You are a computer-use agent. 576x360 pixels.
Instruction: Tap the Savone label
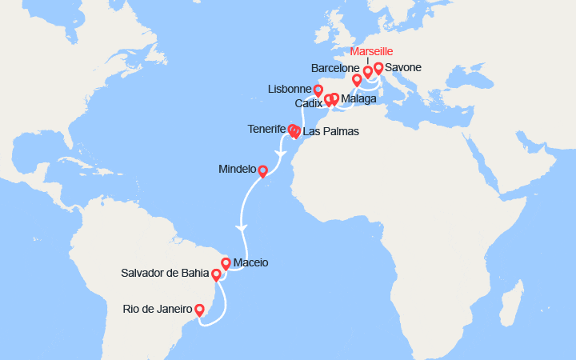tap(403, 68)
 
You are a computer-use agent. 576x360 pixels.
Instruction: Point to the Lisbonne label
tap(290, 90)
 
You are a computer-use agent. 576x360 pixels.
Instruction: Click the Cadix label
tap(309, 104)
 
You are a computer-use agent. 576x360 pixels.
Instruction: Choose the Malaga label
tap(358, 99)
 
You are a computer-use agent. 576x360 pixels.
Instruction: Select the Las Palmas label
tap(330, 131)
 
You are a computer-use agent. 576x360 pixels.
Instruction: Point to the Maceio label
tap(251, 262)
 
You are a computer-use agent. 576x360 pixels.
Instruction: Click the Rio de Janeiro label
tap(158, 308)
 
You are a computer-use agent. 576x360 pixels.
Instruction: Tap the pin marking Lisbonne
tap(318, 90)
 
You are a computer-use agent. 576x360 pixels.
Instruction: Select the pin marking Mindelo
tap(262, 170)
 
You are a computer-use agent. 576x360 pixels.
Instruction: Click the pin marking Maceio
tap(226, 262)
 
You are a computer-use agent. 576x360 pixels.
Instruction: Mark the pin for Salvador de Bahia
tap(216, 274)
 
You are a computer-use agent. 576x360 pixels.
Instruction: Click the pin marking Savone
tap(378, 68)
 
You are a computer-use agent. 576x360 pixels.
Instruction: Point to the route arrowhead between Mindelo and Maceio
tap(242, 228)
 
